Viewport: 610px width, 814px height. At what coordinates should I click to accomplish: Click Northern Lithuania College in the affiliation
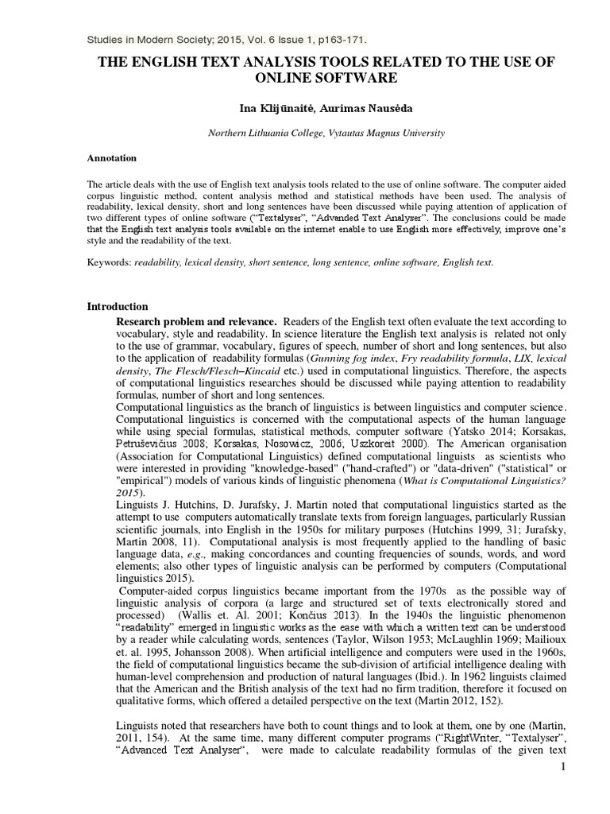(266, 134)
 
